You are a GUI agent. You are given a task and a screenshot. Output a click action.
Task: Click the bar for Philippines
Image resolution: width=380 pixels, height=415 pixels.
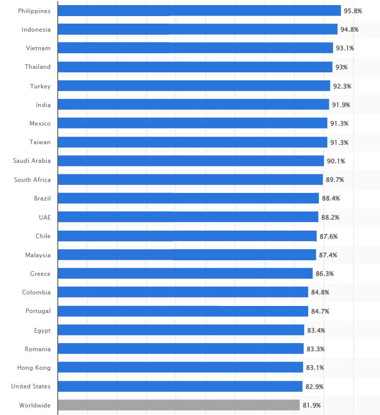pos(199,11)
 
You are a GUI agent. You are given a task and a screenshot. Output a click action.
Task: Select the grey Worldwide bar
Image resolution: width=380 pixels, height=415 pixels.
pos(179,405)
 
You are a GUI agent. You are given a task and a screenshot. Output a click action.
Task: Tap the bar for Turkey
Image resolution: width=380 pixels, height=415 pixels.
pos(194,86)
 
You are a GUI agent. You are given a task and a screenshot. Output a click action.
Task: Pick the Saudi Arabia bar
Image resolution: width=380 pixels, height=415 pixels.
pos(191,161)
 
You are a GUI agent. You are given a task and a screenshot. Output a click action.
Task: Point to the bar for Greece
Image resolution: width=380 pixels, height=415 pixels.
pos(185,273)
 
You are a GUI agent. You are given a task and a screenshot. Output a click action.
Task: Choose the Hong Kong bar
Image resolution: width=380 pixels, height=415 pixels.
pos(180,367)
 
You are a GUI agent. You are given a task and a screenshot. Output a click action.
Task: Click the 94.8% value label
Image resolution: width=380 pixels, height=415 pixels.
pos(349,29)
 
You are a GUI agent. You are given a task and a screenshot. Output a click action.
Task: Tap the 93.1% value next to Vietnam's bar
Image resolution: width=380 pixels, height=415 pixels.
pos(345,48)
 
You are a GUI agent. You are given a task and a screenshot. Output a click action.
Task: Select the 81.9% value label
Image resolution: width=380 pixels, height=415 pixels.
pos(311,405)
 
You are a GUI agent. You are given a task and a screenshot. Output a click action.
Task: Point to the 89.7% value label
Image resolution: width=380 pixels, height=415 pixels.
pos(335,179)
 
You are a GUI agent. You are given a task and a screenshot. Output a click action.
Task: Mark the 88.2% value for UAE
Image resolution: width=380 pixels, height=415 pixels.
pos(330,217)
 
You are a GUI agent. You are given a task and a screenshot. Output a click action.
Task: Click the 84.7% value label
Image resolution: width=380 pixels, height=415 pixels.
pos(320,311)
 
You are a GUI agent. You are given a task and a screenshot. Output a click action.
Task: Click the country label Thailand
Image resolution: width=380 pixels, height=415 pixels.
pos(38,67)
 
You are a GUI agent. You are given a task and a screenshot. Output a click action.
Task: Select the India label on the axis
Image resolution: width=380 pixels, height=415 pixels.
pos(43,105)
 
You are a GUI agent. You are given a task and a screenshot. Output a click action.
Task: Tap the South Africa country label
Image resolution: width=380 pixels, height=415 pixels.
pos(32,179)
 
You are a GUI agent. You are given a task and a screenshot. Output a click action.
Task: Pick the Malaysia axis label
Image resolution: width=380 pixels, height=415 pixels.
pos(38,255)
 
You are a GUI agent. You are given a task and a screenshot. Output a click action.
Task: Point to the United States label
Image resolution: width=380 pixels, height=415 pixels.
pos(31,386)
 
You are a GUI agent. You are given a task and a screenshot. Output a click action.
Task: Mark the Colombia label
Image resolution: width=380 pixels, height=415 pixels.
pos(36,292)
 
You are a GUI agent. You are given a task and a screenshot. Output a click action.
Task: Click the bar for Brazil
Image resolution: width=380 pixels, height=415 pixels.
pos(188,198)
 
